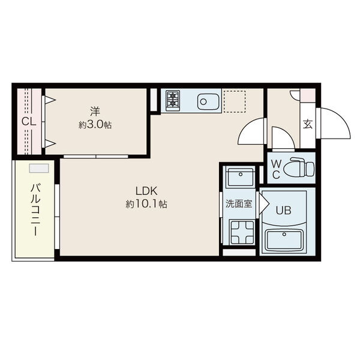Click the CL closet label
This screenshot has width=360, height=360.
coord(29,122)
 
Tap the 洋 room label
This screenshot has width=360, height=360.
coord(95,112)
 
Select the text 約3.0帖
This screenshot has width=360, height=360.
coord(95,125)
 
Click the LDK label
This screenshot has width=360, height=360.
coord(146,191)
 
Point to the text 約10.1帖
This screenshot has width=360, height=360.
coord(146,203)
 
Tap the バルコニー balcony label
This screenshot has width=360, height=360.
coord(35,209)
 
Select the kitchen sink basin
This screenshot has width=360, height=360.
coord(208,101)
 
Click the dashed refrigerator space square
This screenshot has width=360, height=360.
coord(235,102)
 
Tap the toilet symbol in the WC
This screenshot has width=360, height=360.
coord(298,167)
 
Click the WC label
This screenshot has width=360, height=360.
coord(276,170)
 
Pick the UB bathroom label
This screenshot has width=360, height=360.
coord(284,210)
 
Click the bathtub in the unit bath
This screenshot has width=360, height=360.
coord(284,241)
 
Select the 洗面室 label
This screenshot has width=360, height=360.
coord(239,203)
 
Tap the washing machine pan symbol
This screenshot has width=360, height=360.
coord(242,232)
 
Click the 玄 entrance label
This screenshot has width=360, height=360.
coord(308,124)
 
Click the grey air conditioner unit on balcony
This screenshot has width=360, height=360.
coord(39,168)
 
